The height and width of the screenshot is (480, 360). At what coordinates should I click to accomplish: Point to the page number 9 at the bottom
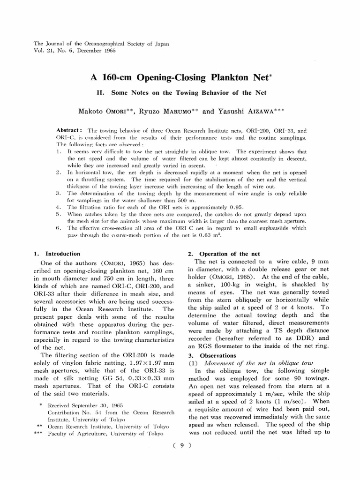(180, 446)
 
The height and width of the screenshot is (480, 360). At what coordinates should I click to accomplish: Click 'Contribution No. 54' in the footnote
(76, 411)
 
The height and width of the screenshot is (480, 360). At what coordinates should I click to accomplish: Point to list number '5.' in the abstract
(58, 214)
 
